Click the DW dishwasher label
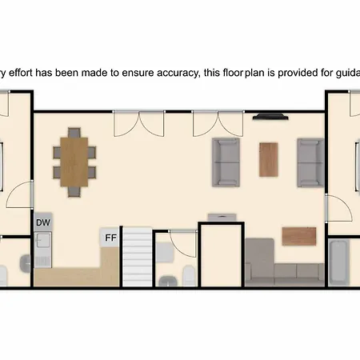pos(43,222)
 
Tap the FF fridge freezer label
pos(110,238)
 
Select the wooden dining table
pos(74,162)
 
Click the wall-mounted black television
pos(270,117)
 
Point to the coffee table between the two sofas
pos(269,160)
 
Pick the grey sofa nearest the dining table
pos(226,162)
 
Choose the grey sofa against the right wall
pos(310,162)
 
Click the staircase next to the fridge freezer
pos(138,257)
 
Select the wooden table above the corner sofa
pos(299,236)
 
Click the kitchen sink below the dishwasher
pos(43,250)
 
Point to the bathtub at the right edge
pos(338,262)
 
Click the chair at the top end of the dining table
pos(74,133)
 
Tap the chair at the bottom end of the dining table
pos(74,192)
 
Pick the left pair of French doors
pos(138,124)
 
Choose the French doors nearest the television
pos(218,124)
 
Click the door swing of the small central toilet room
pos(183,244)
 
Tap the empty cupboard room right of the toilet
pos(222,255)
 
